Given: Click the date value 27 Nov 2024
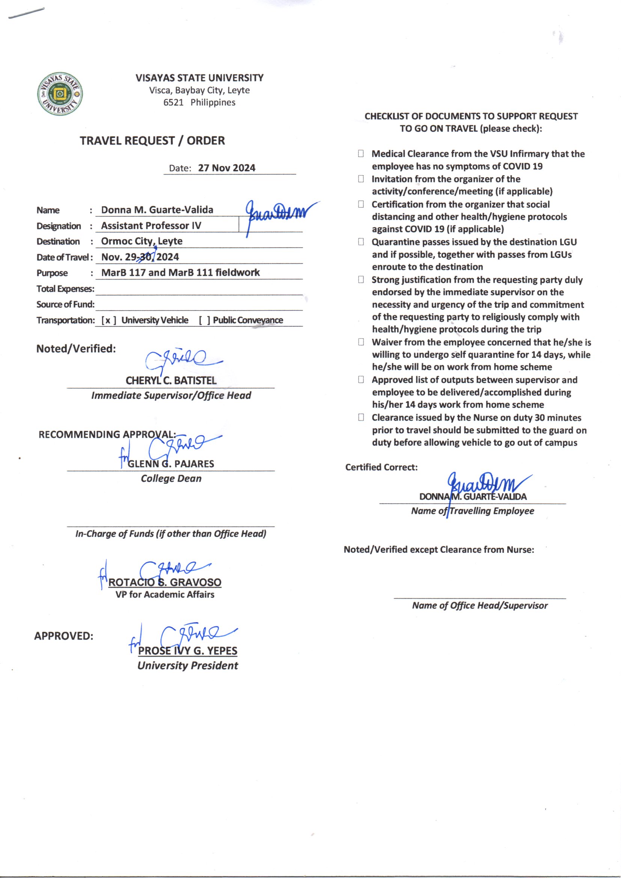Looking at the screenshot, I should [226, 168].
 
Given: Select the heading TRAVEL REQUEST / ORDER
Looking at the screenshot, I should [152, 141].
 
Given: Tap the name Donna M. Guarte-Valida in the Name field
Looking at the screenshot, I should [157, 210].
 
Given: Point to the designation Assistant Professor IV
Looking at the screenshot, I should [151, 226].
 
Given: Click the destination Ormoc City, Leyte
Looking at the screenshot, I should [142, 241].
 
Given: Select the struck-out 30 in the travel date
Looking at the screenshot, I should [146, 256].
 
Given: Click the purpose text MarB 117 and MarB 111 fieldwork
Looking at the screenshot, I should [180, 273].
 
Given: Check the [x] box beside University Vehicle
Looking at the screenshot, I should [108, 320].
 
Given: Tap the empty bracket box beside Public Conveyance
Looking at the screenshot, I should [204, 320].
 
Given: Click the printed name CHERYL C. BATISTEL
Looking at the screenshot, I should [171, 380].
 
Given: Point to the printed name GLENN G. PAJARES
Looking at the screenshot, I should [170, 464].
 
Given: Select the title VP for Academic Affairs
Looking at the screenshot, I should [165, 594].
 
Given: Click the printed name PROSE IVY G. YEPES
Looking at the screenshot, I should [187, 650].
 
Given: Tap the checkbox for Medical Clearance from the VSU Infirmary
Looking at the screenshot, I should [360, 154].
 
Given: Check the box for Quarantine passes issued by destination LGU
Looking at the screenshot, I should [360, 242].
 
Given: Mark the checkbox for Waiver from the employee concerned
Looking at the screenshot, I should [360, 342].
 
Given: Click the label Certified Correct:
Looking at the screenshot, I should [381, 467].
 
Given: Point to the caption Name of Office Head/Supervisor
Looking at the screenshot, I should [479, 605].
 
